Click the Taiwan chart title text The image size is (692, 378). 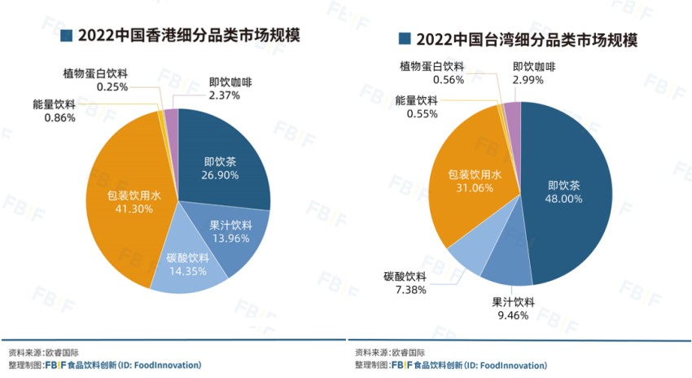click(x=526, y=39)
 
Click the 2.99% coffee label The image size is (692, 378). click(x=534, y=73)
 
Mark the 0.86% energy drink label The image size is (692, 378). click(x=55, y=111)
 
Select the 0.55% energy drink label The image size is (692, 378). click(x=416, y=107)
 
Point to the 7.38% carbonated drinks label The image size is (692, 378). click(x=405, y=283)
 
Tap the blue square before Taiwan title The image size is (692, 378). click(x=403, y=39)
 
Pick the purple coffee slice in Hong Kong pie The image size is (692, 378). click(x=171, y=118)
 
